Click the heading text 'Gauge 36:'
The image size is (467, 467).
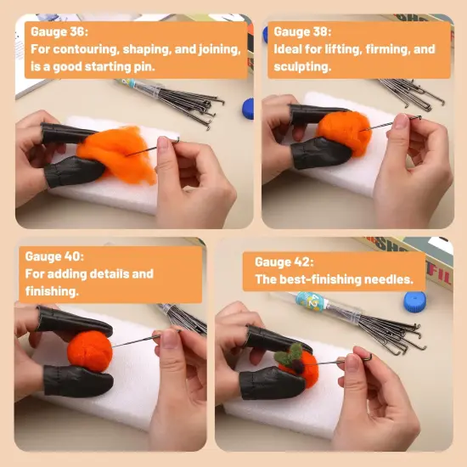tap(59, 31)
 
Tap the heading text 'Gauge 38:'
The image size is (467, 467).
tap(302, 31)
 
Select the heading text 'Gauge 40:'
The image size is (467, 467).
tap(54, 256)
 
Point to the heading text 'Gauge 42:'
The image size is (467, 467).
tap(284, 262)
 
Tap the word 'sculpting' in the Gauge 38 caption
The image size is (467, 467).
tap(302, 67)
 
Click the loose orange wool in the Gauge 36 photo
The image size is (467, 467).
tap(118, 155)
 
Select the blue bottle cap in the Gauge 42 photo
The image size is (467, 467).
tap(415, 302)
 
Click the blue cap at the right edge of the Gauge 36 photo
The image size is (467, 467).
tap(248, 109)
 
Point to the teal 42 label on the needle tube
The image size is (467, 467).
tap(312, 301)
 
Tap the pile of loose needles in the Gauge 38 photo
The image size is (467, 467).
tap(411, 93)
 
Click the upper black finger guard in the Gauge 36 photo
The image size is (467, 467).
tap(70, 132)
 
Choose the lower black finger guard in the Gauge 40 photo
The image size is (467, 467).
tap(78, 381)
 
